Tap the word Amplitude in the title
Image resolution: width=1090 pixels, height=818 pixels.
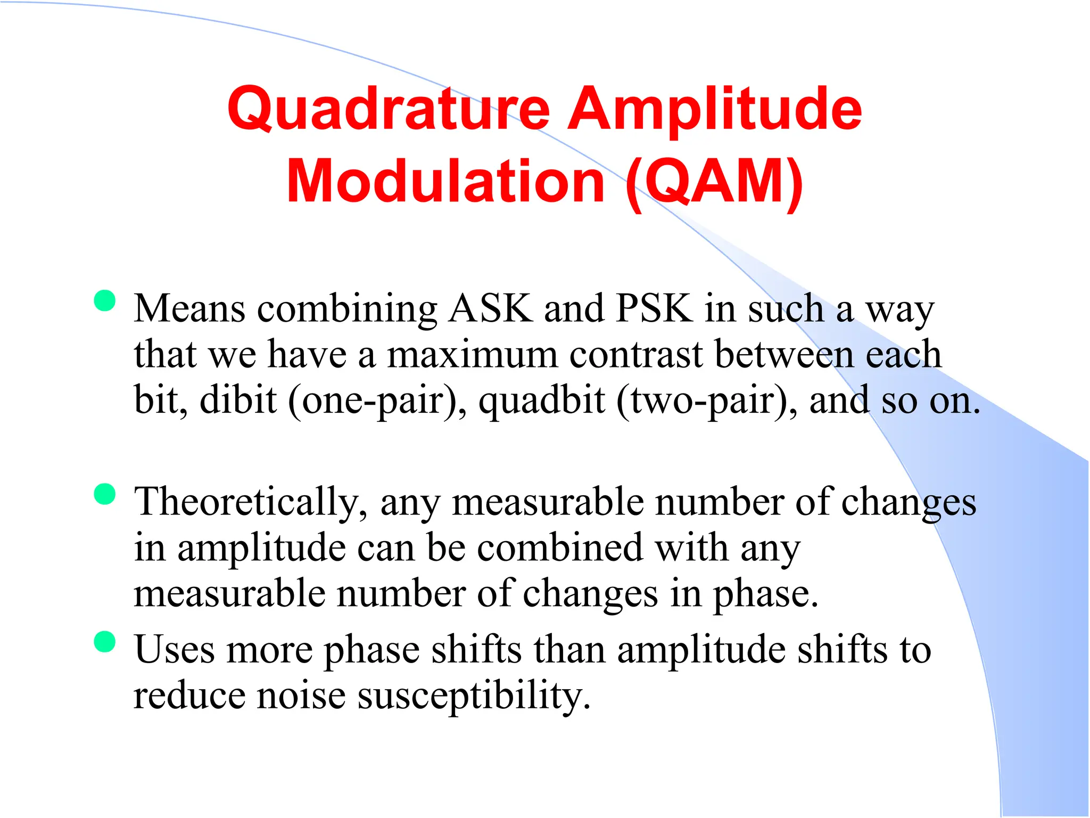(x=714, y=109)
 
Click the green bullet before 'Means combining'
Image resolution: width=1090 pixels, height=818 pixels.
(x=105, y=300)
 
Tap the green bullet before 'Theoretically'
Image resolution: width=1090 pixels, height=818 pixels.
(x=105, y=494)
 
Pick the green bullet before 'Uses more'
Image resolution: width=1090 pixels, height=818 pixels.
(x=105, y=641)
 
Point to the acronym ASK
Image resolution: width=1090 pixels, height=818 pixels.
(x=490, y=308)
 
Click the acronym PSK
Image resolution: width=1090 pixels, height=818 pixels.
(x=654, y=308)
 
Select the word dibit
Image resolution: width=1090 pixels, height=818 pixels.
(x=238, y=400)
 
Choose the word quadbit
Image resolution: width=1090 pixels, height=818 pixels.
(x=541, y=400)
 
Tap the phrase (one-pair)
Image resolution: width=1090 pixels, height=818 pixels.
(x=376, y=400)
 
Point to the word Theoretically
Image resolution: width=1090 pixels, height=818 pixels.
(x=251, y=502)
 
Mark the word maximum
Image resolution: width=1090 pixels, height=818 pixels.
(x=472, y=354)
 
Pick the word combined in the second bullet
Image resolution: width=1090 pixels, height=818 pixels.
(x=560, y=548)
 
